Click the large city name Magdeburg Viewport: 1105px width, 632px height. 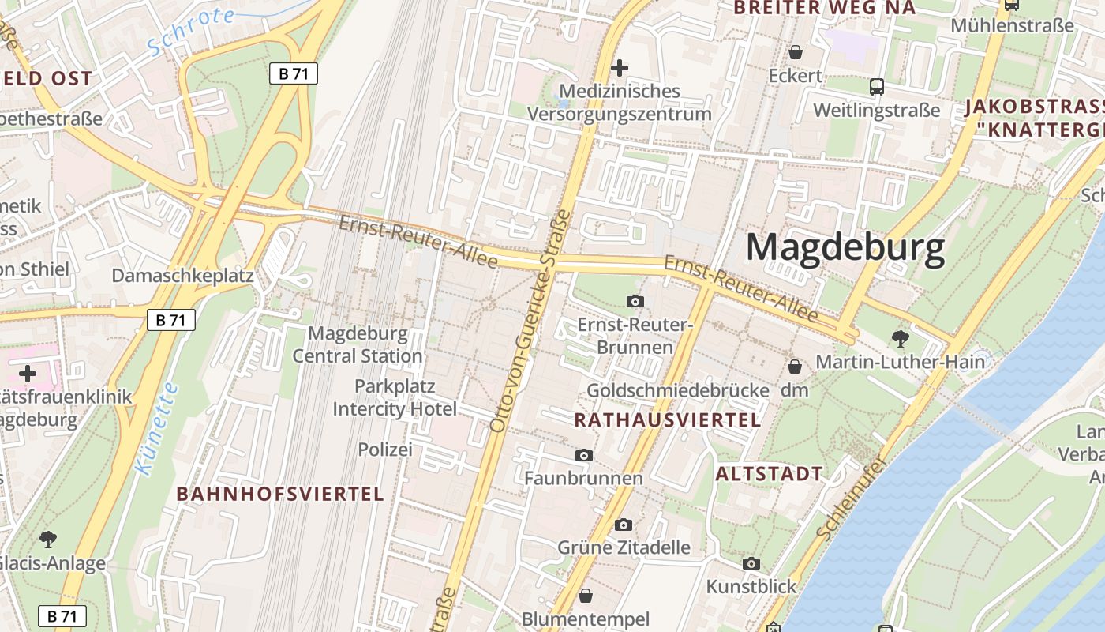click(845, 248)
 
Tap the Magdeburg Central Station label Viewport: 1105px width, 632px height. click(358, 344)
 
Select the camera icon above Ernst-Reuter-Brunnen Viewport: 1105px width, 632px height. click(635, 301)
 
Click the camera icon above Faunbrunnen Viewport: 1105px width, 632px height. click(584, 455)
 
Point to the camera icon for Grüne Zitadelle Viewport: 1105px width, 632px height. click(624, 525)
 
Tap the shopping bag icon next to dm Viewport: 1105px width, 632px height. click(795, 367)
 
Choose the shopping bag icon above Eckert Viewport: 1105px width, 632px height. click(796, 52)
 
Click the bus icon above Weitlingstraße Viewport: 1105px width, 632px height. click(876, 87)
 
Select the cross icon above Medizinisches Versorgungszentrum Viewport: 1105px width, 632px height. click(620, 68)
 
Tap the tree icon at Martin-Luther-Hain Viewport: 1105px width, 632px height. click(900, 340)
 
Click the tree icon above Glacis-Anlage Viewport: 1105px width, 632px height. click(48, 540)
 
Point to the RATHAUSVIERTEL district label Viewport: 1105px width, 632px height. click(667, 420)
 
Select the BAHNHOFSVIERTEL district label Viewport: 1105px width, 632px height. click(280, 494)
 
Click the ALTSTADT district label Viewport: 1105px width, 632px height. click(769, 474)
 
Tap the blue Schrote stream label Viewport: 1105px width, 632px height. click(192, 32)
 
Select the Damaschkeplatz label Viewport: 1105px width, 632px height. click(182, 276)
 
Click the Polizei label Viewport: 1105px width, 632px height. click(385, 450)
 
